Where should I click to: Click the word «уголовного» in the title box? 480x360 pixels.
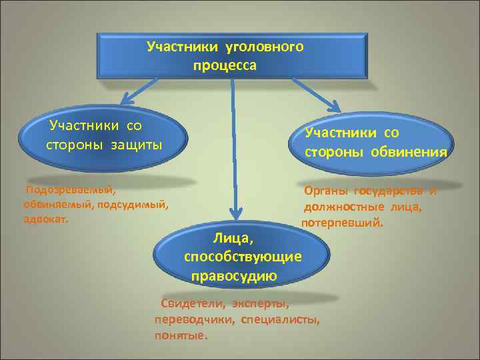265,47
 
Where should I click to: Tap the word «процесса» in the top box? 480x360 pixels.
225,66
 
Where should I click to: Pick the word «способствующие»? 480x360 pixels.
242,257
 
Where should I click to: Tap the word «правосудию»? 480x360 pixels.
234,275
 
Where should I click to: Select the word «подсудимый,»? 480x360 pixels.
133,205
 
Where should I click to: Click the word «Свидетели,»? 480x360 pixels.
193,305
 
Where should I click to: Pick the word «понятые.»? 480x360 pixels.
181,335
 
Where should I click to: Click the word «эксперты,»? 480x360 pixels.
261,305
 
